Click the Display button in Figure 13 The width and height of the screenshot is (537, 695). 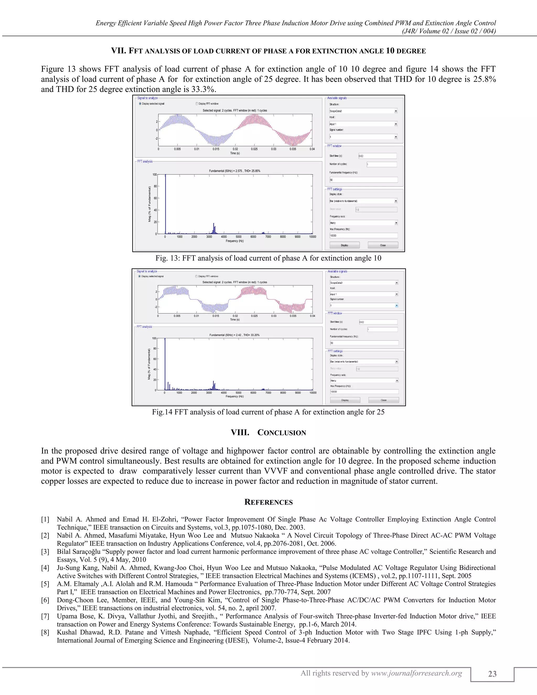[x=345, y=245]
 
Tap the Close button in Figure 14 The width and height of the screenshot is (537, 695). [x=383, y=400]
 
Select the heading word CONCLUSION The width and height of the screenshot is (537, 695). [x=282, y=433]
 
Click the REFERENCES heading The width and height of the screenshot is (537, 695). [x=268, y=502]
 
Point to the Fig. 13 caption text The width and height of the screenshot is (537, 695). [x=268, y=258]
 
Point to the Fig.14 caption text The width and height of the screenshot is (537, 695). [x=268, y=412]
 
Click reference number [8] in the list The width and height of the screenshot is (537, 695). [x=45, y=632]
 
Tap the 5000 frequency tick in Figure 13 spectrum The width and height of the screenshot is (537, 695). [x=239, y=237]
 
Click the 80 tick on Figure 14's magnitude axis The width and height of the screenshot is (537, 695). [x=155, y=349]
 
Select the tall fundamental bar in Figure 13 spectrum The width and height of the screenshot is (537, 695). [x=165, y=204]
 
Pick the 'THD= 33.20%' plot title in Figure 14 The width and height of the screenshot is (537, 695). [x=251, y=335]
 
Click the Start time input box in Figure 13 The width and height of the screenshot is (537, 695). [x=377, y=156]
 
